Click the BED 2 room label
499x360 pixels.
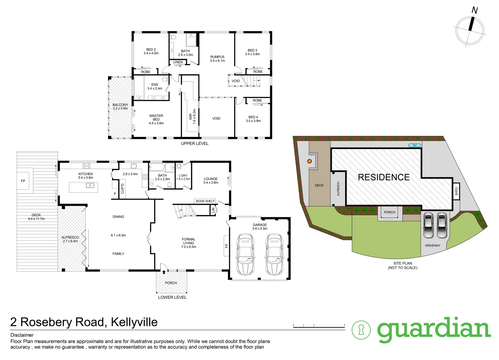151,51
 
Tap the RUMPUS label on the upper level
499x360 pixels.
217,59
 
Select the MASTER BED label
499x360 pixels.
156,119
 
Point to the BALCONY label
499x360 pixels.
120,106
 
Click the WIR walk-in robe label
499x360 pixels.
193,117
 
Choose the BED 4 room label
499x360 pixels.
253,119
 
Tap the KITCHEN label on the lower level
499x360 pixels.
86,176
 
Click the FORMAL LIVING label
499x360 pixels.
189,243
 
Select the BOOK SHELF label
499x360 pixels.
205,201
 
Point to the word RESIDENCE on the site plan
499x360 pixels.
384,177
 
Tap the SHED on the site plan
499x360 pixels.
456,191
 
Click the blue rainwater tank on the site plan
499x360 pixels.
415,145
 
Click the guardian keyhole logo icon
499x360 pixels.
361,330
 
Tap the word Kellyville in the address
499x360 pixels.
134,322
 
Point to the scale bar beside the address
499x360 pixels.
319,326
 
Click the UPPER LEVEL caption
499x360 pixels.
195,144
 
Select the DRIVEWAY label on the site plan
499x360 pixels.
432,246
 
